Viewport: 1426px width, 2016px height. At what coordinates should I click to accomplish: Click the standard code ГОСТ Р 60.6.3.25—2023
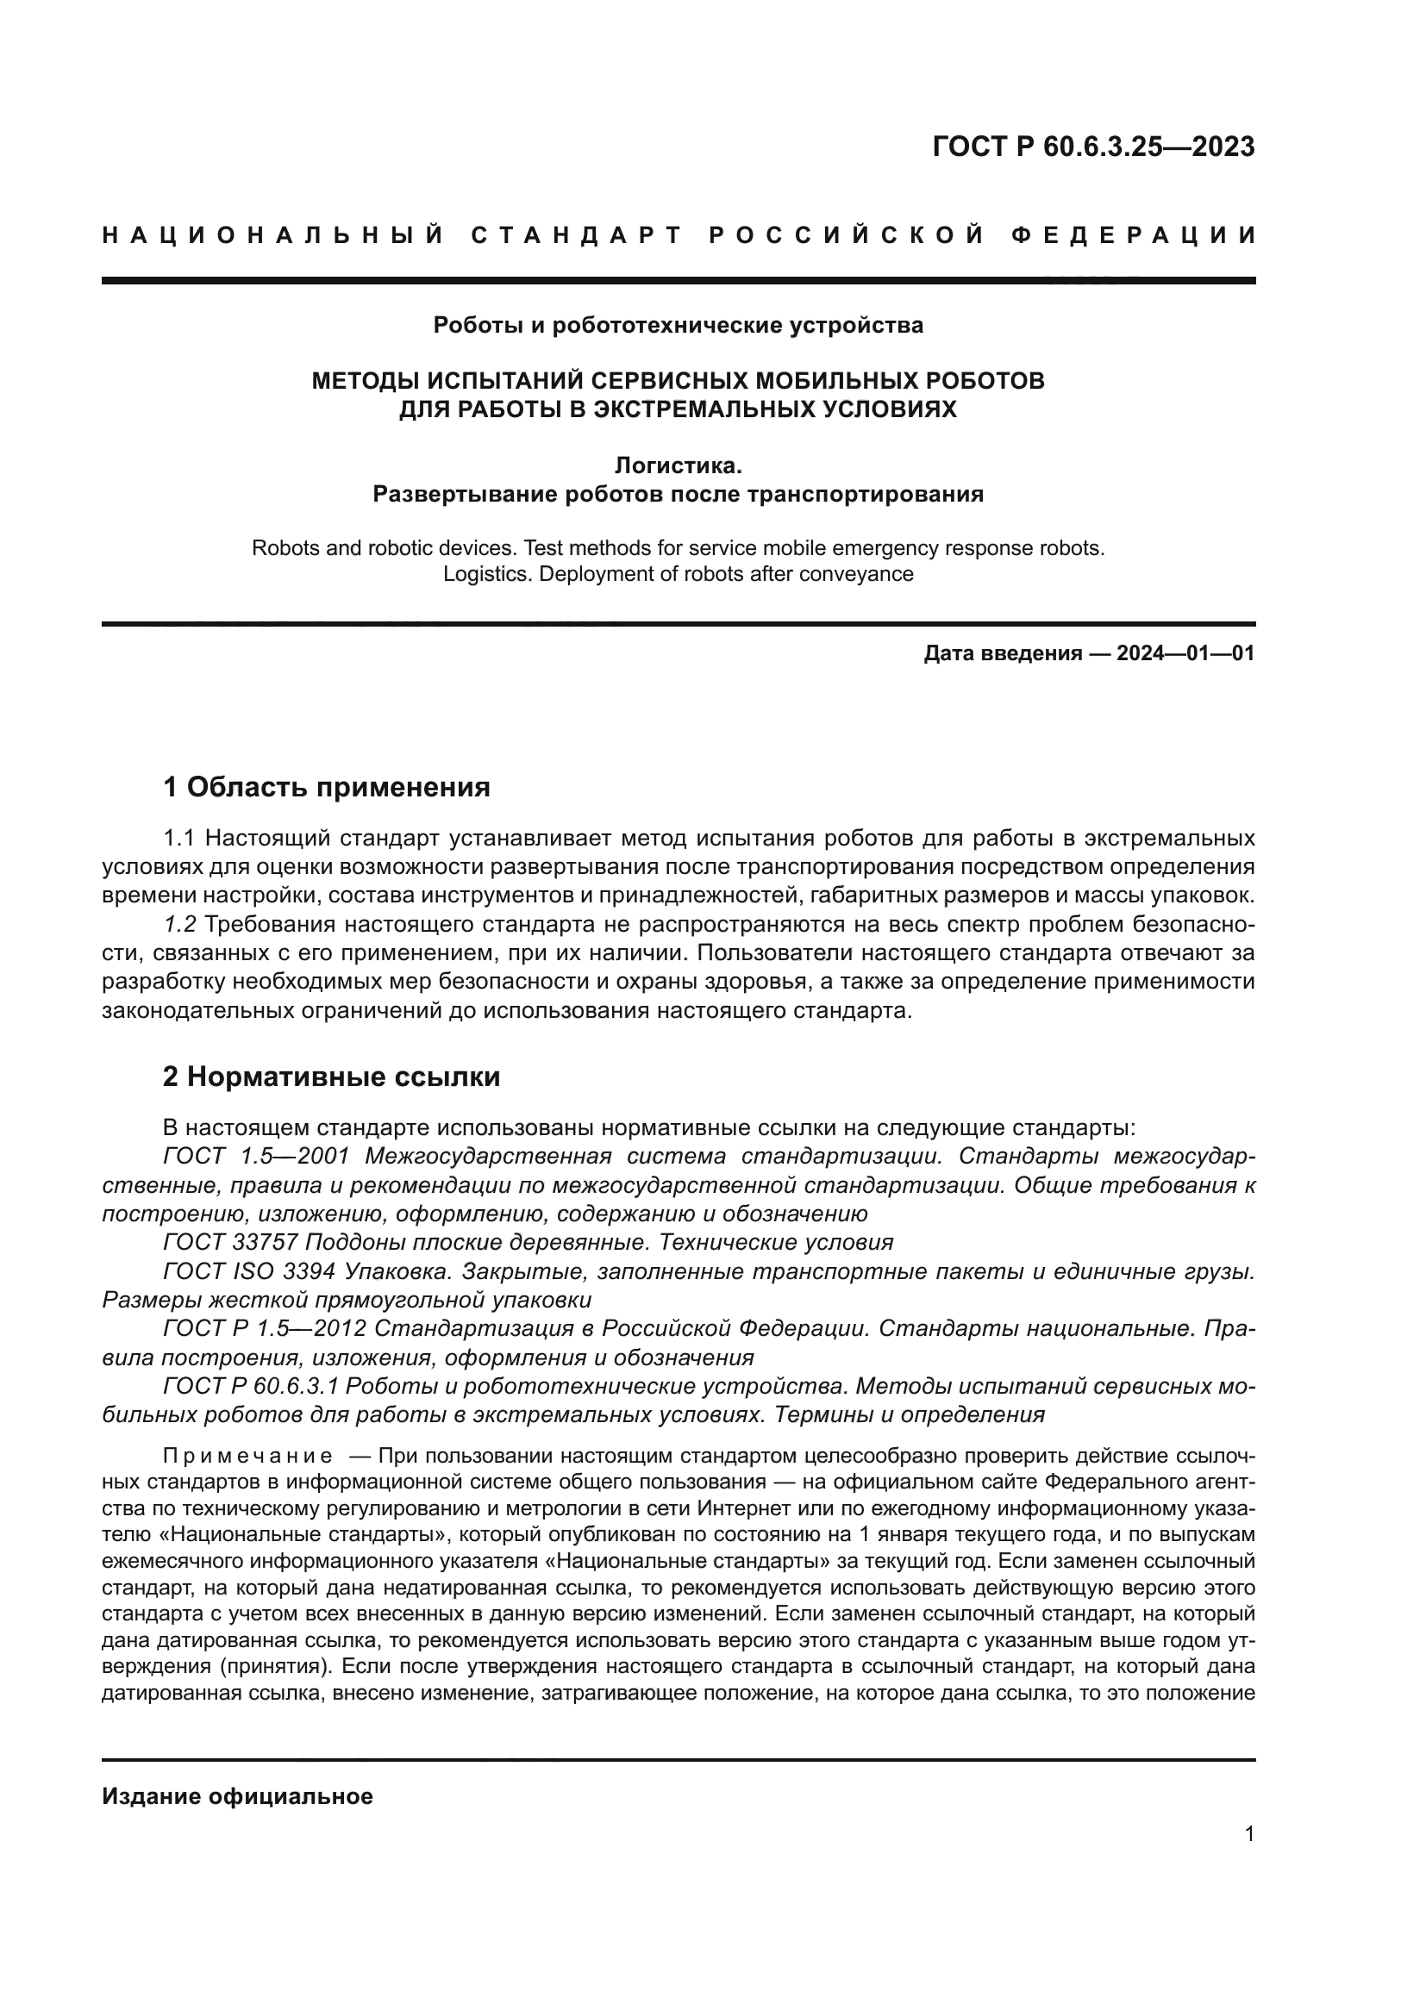(x=1093, y=147)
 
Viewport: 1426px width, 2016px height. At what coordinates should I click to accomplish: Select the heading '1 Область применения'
(x=326, y=787)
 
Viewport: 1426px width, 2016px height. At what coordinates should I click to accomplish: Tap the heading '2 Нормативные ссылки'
(x=331, y=1077)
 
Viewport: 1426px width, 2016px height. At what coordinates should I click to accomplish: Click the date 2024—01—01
(x=1185, y=653)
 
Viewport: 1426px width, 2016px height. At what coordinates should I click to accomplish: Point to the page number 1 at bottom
(x=1248, y=1833)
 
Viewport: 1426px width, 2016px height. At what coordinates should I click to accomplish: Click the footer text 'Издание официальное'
(x=237, y=1796)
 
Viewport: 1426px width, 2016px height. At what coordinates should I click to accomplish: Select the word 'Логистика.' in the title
(x=678, y=465)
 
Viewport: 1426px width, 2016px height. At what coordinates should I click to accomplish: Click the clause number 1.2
(x=180, y=925)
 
